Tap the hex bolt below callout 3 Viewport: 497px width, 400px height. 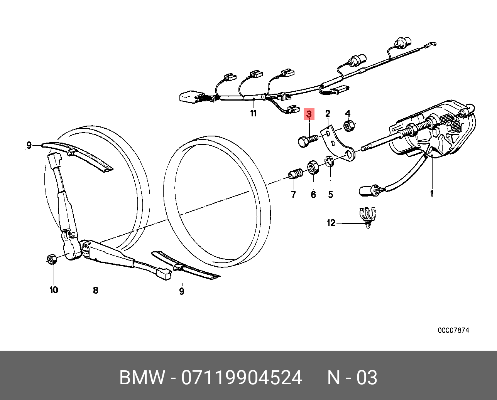307,140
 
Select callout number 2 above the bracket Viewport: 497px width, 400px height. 328,113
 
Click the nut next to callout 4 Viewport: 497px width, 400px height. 348,126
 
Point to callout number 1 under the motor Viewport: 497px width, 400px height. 431,193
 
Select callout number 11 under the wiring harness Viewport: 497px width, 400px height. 253,113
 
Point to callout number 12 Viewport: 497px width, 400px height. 331,223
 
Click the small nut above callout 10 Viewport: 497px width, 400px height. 51,259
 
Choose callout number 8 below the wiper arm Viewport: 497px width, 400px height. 96,290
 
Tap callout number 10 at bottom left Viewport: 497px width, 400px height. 54,290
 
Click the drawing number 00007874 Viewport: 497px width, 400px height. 453,330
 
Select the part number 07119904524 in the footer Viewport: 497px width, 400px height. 242,378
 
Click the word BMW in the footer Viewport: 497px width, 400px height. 142,378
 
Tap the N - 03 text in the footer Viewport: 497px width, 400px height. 352,378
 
